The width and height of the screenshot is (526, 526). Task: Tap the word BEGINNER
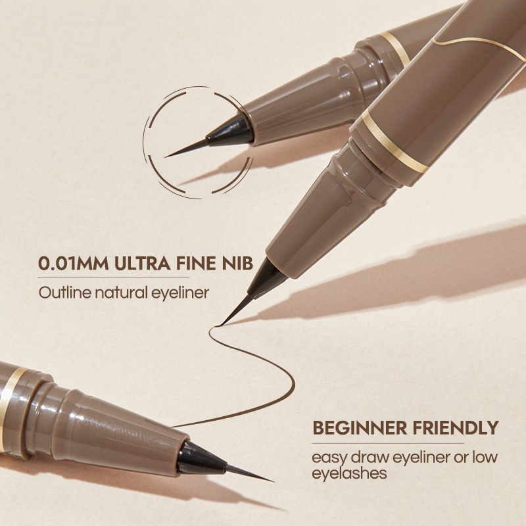360,428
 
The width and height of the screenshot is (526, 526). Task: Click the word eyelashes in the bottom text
349,473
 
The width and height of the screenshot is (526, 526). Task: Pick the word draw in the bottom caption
369,458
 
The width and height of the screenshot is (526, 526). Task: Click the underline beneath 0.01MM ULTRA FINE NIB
113,277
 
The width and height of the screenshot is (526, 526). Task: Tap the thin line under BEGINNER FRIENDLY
388,443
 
